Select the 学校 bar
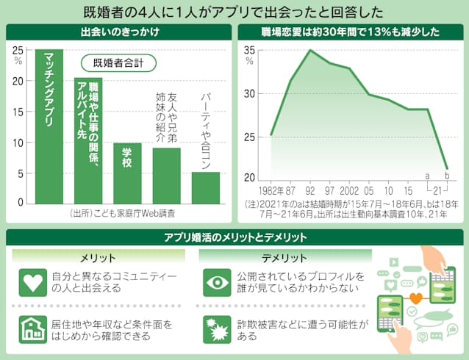[x=127, y=173]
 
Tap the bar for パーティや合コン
[x=206, y=187]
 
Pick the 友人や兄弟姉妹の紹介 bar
[x=167, y=176]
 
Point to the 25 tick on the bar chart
[x=18, y=49]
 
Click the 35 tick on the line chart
[x=250, y=50]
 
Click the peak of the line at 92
[x=310, y=50]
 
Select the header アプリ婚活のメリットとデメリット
[x=235, y=238]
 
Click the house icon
[x=32, y=328]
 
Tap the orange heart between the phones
[x=416, y=299]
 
